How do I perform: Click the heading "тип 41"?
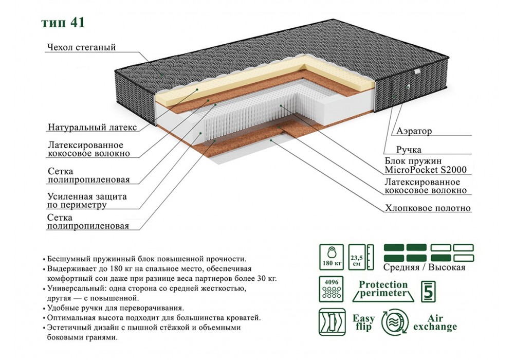point(63,22)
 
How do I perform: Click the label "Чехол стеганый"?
point(82,47)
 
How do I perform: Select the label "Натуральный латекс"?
point(93,127)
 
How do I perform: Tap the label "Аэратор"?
point(414,131)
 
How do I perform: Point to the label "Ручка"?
point(409,150)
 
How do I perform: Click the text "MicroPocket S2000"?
point(426,170)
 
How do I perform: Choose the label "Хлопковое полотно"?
point(428,208)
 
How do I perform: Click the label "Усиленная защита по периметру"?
point(87,201)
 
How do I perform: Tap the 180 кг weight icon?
point(331,257)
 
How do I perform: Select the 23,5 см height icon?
point(361,257)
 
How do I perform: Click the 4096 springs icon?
point(331,289)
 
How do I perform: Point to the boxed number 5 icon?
point(429,291)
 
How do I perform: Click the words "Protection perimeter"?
point(383,289)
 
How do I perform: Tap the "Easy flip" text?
point(363,322)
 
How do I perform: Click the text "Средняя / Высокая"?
point(424,267)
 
